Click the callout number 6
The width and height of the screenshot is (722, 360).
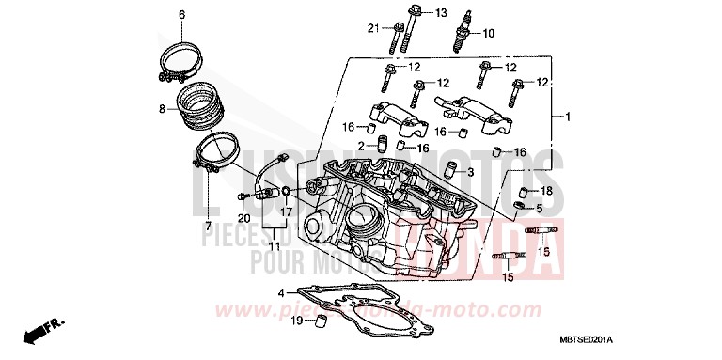click(182, 13)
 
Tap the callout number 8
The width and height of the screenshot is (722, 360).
click(162, 109)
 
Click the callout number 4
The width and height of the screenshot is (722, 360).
click(280, 293)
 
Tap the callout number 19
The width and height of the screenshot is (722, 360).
click(295, 322)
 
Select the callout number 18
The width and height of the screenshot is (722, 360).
click(547, 191)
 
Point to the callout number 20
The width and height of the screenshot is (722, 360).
click(243, 217)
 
